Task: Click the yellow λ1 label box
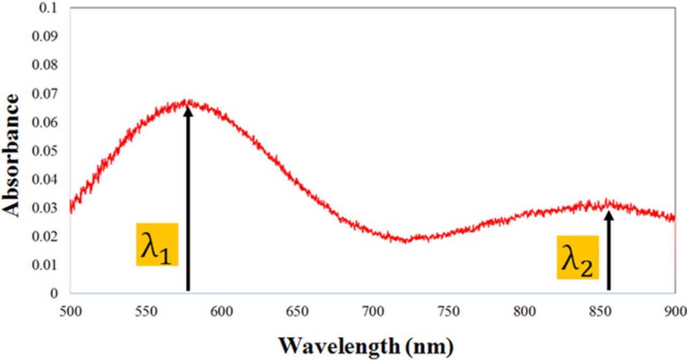(157, 244)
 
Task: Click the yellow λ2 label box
(578, 257)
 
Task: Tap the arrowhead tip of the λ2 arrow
(609, 212)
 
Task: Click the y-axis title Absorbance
(12, 155)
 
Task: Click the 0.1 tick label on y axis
(52, 9)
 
